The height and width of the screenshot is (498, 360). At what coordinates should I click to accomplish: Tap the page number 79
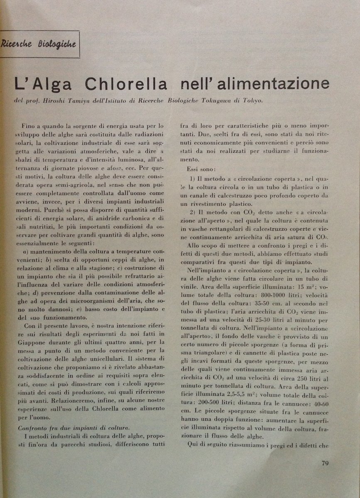click(x=325, y=464)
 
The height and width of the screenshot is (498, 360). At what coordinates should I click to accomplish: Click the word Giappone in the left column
click(x=34, y=342)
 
